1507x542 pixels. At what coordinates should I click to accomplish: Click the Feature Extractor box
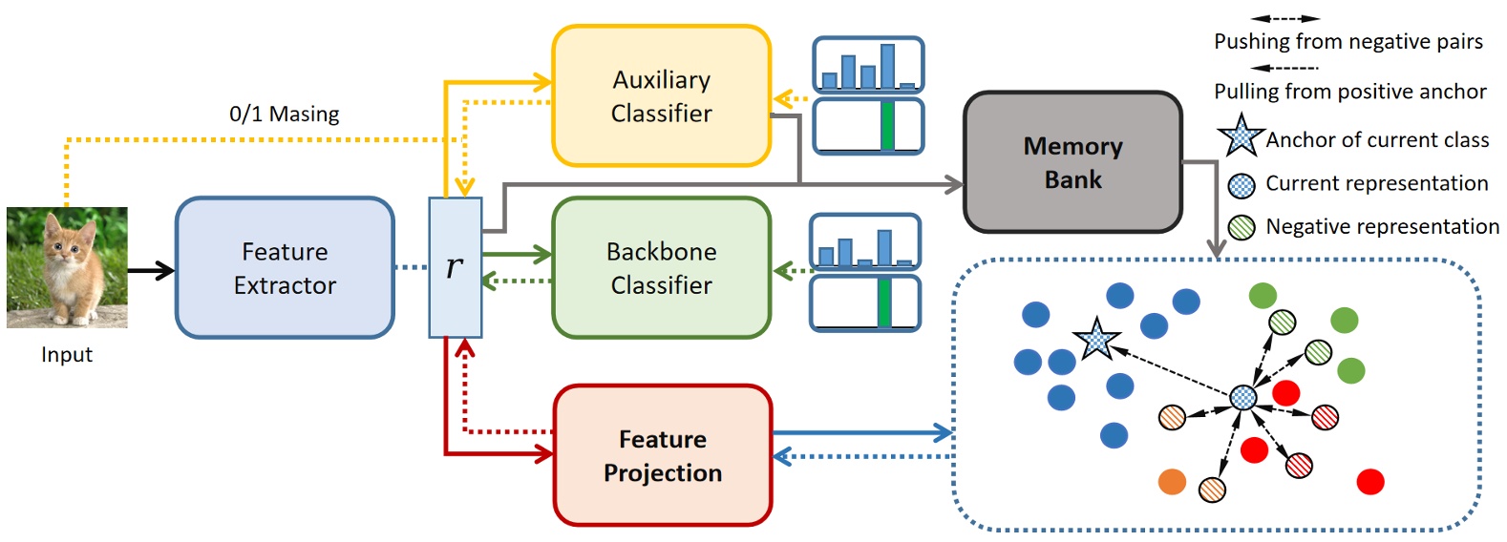coord(285,268)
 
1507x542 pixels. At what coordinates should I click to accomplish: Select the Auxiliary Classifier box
coord(661,96)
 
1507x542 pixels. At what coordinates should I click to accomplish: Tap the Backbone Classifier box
coord(661,268)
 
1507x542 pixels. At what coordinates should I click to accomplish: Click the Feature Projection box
coord(662,456)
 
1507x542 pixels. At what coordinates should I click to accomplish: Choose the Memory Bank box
coord(1072,162)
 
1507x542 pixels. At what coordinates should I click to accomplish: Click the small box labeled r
coord(456,268)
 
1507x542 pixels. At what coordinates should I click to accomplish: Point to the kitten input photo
coord(67,268)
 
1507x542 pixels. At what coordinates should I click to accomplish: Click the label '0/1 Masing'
coord(284,114)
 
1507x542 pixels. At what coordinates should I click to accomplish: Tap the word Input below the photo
coord(67,355)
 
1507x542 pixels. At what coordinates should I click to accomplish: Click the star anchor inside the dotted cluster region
coord(1096,340)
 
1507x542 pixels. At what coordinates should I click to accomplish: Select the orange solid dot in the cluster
coord(1172,482)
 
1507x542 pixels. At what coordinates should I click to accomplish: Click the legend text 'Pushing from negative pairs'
coord(1348,42)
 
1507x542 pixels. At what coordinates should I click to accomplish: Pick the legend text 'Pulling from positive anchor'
coord(1349,92)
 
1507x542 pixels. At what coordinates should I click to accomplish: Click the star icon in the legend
coord(1241,136)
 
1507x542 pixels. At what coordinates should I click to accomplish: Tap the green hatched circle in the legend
coord(1242,227)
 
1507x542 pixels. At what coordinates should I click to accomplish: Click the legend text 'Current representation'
coord(1376,183)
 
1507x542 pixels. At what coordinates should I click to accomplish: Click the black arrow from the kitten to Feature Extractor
coord(151,271)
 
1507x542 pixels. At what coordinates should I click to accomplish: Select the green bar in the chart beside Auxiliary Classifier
coord(887,126)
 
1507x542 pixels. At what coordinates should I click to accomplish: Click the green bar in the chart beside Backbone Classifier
coord(884,302)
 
